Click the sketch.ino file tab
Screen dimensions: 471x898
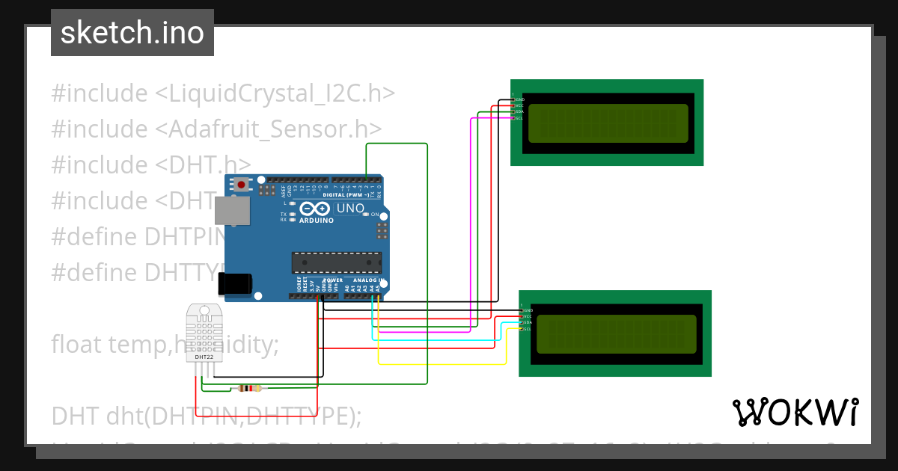click(x=132, y=33)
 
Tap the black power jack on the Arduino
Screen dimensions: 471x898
click(x=233, y=283)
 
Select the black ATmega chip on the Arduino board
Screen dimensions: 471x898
click(x=337, y=262)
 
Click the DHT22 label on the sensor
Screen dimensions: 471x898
click(x=204, y=357)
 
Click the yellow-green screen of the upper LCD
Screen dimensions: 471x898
click(x=608, y=123)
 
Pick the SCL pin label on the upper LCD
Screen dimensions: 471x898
click(x=519, y=118)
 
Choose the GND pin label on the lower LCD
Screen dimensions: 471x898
click(x=528, y=310)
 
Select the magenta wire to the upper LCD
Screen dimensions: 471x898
click(x=471, y=224)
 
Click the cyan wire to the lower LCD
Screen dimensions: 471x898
click(x=434, y=340)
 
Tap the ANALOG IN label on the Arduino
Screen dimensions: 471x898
click(x=370, y=280)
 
